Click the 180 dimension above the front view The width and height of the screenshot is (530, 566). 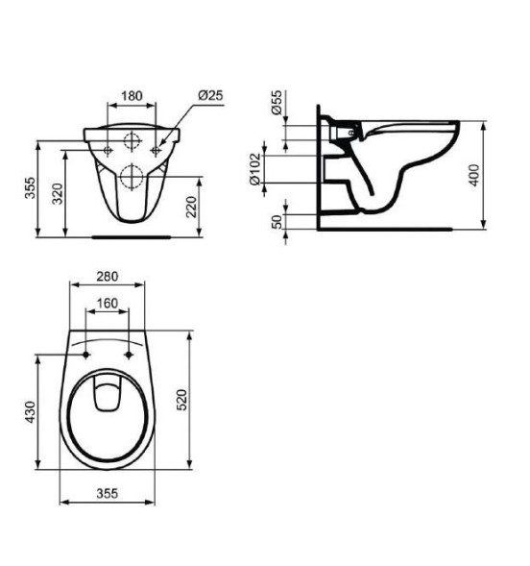(133, 97)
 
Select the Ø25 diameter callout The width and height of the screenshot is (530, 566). (209, 97)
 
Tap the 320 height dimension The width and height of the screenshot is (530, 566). (59, 195)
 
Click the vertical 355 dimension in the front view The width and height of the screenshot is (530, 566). (31, 189)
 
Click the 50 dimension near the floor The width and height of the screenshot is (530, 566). (278, 221)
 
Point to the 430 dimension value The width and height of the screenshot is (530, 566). (30, 414)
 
